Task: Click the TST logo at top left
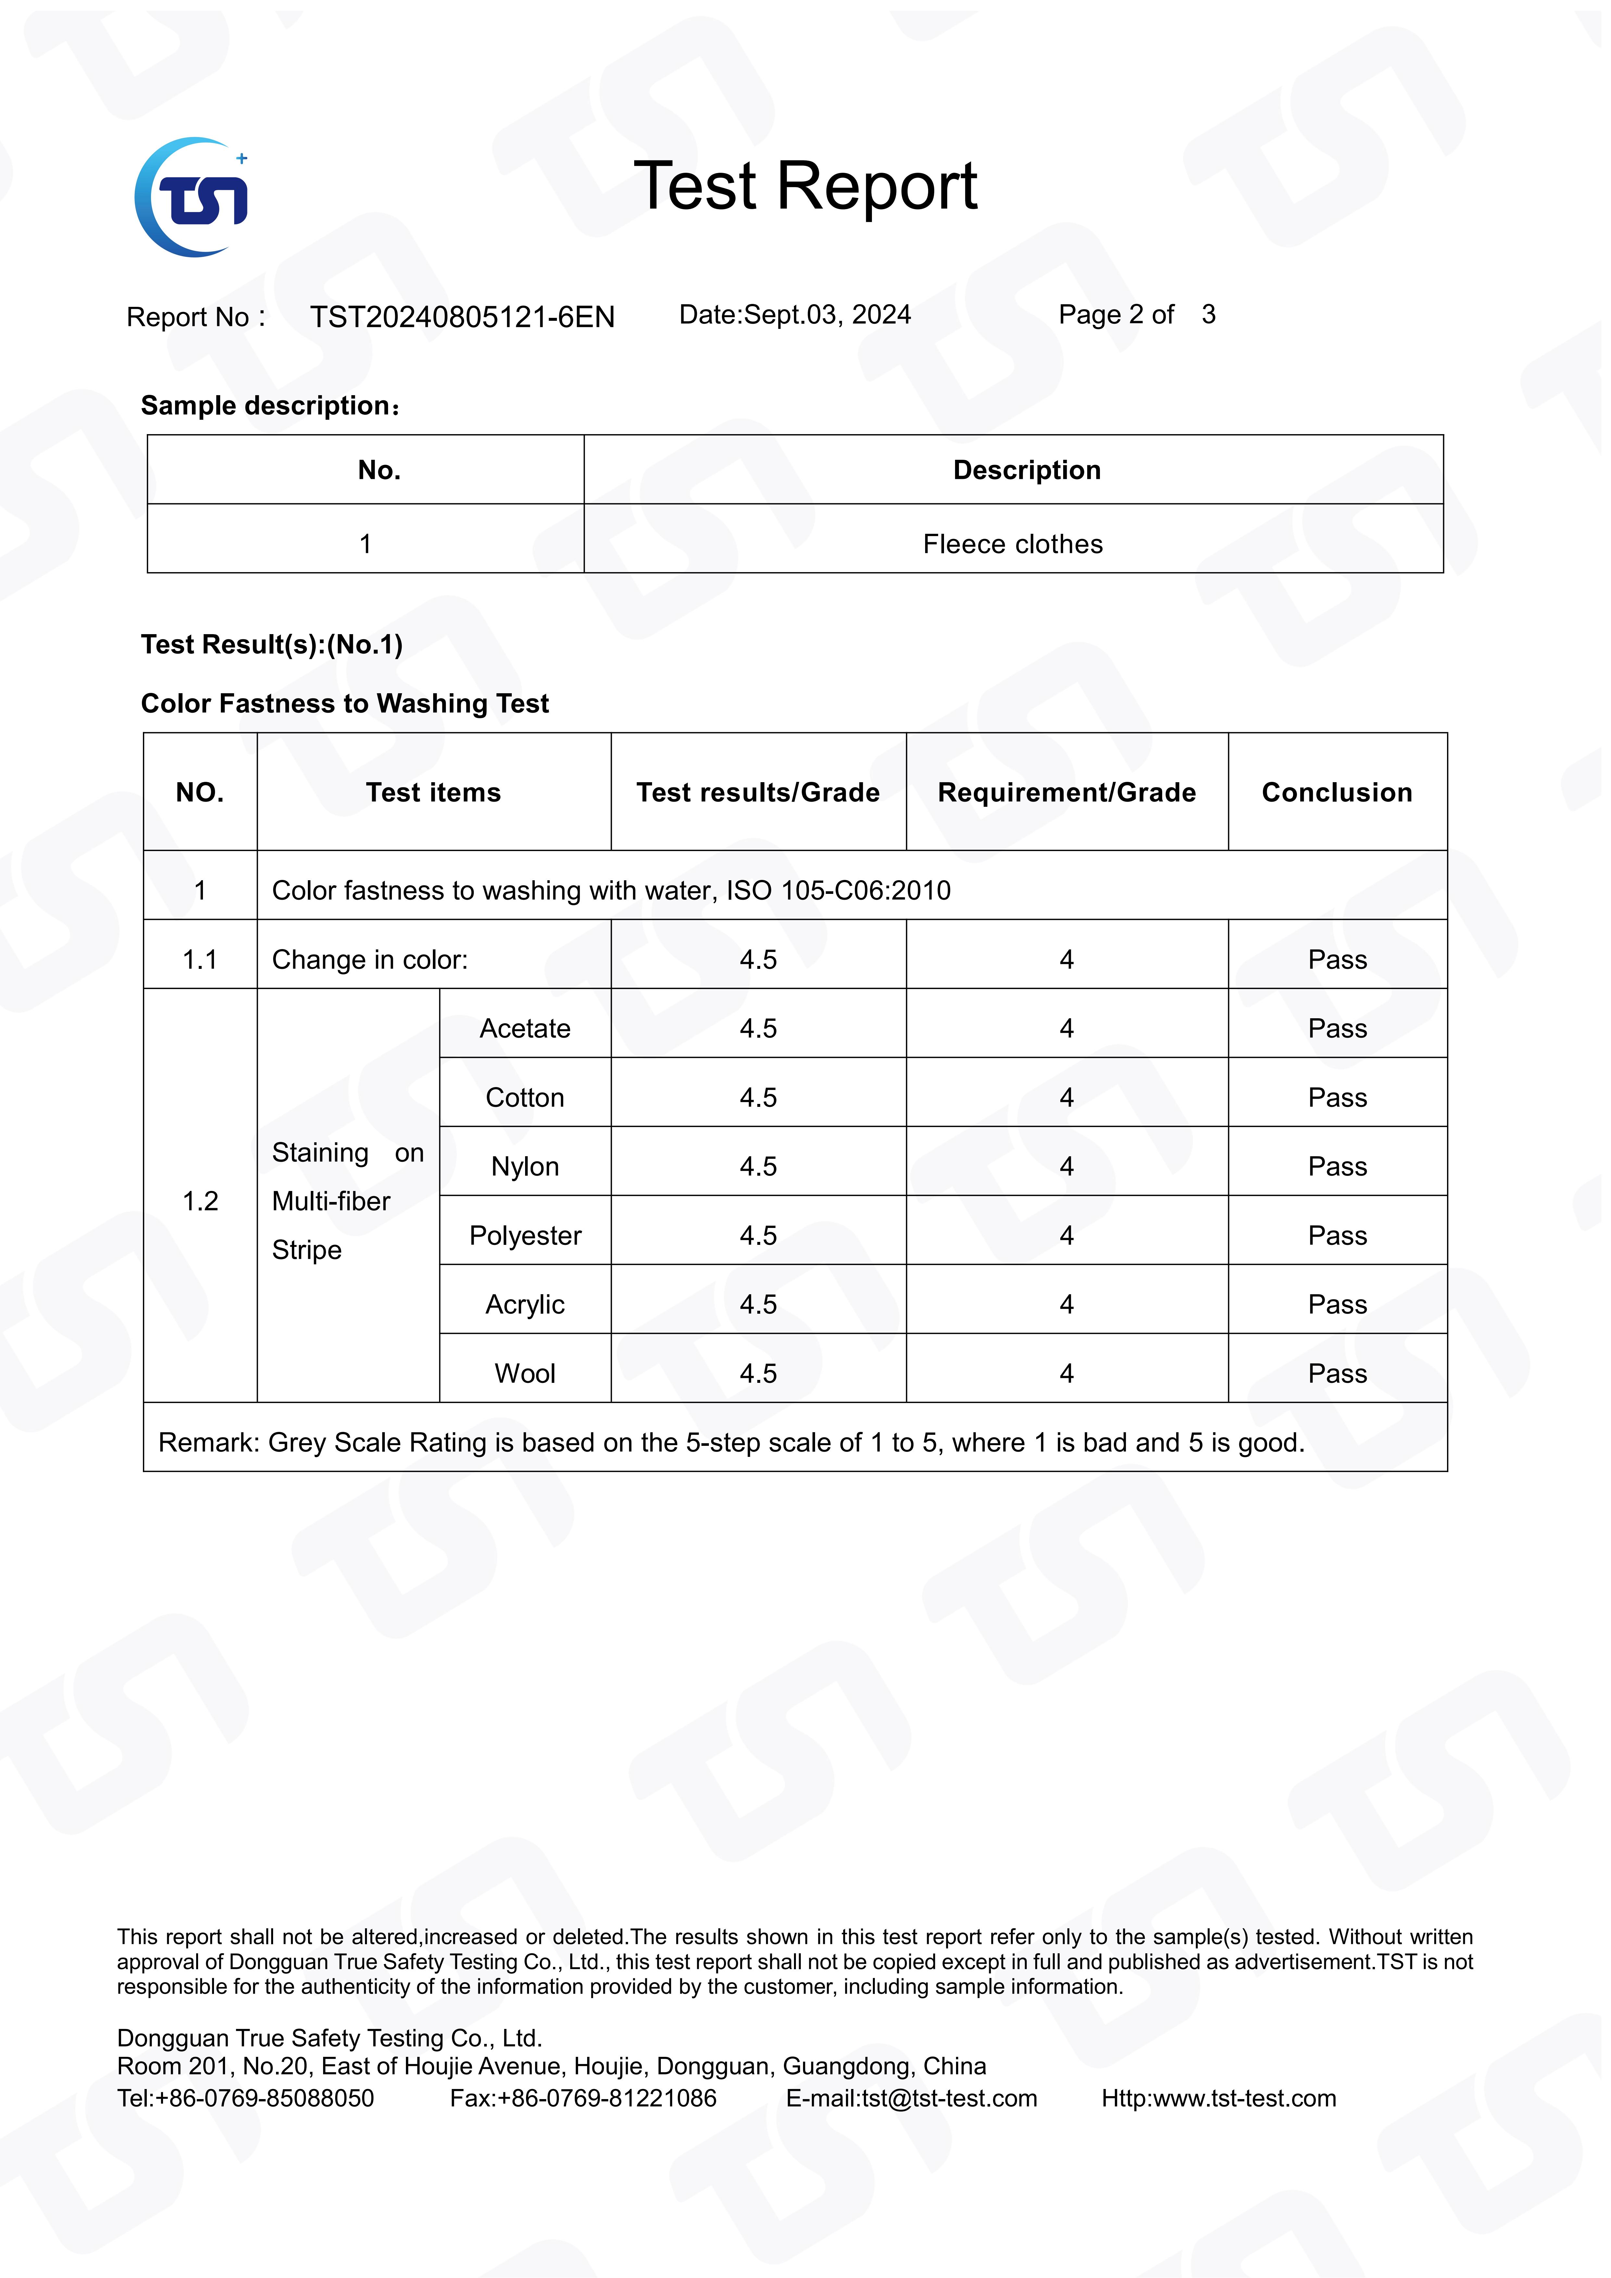click(x=192, y=197)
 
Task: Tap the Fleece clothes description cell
click(x=1013, y=544)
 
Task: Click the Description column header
click(x=1026, y=470)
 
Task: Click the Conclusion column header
click(x=1336, y=793)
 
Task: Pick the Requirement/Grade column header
click(x=1066, y=793)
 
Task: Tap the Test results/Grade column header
click(x=757, y=793)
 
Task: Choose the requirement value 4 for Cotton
click(x=1066, y=1098)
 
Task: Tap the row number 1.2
click(x=199, y=1202)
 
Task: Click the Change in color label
click(x=369, y=960)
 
